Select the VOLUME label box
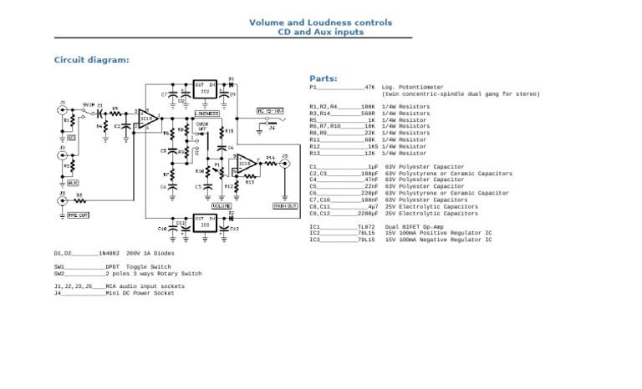222,205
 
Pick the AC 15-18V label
270,110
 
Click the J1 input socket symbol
62,109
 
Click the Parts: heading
324,78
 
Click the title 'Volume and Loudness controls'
320,23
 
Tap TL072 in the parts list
366,227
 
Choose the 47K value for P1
369,87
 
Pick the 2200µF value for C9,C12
368,214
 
